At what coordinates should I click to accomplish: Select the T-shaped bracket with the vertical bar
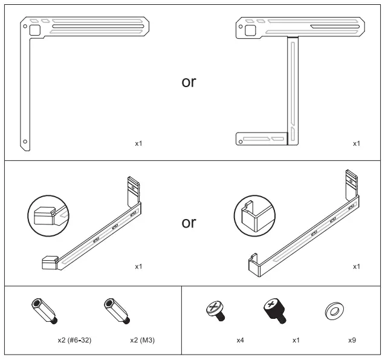(292, 91)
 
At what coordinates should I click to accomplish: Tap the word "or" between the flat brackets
(189, 82)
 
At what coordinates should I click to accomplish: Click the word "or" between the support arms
(189, 222)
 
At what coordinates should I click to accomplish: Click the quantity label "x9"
(352, 340)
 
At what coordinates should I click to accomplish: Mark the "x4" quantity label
(241, 340)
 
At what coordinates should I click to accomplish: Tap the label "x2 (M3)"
(143, 340)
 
